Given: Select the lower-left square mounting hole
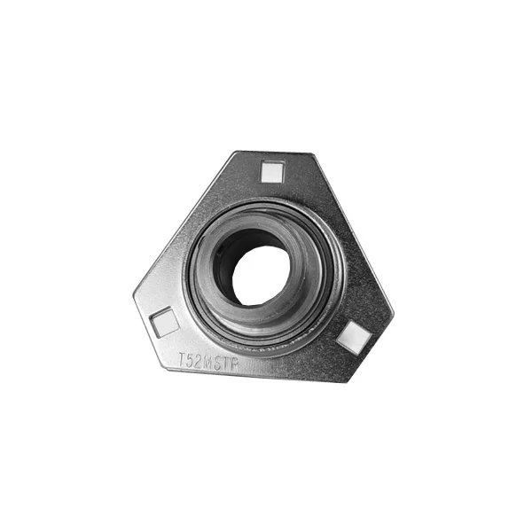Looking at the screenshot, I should click(x=164, y=322).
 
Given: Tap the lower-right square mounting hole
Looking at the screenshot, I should click(x=355, y=334).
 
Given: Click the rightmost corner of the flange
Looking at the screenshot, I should click(x=393, y=312).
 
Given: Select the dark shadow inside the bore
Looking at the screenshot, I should click(x=232, y=257).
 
